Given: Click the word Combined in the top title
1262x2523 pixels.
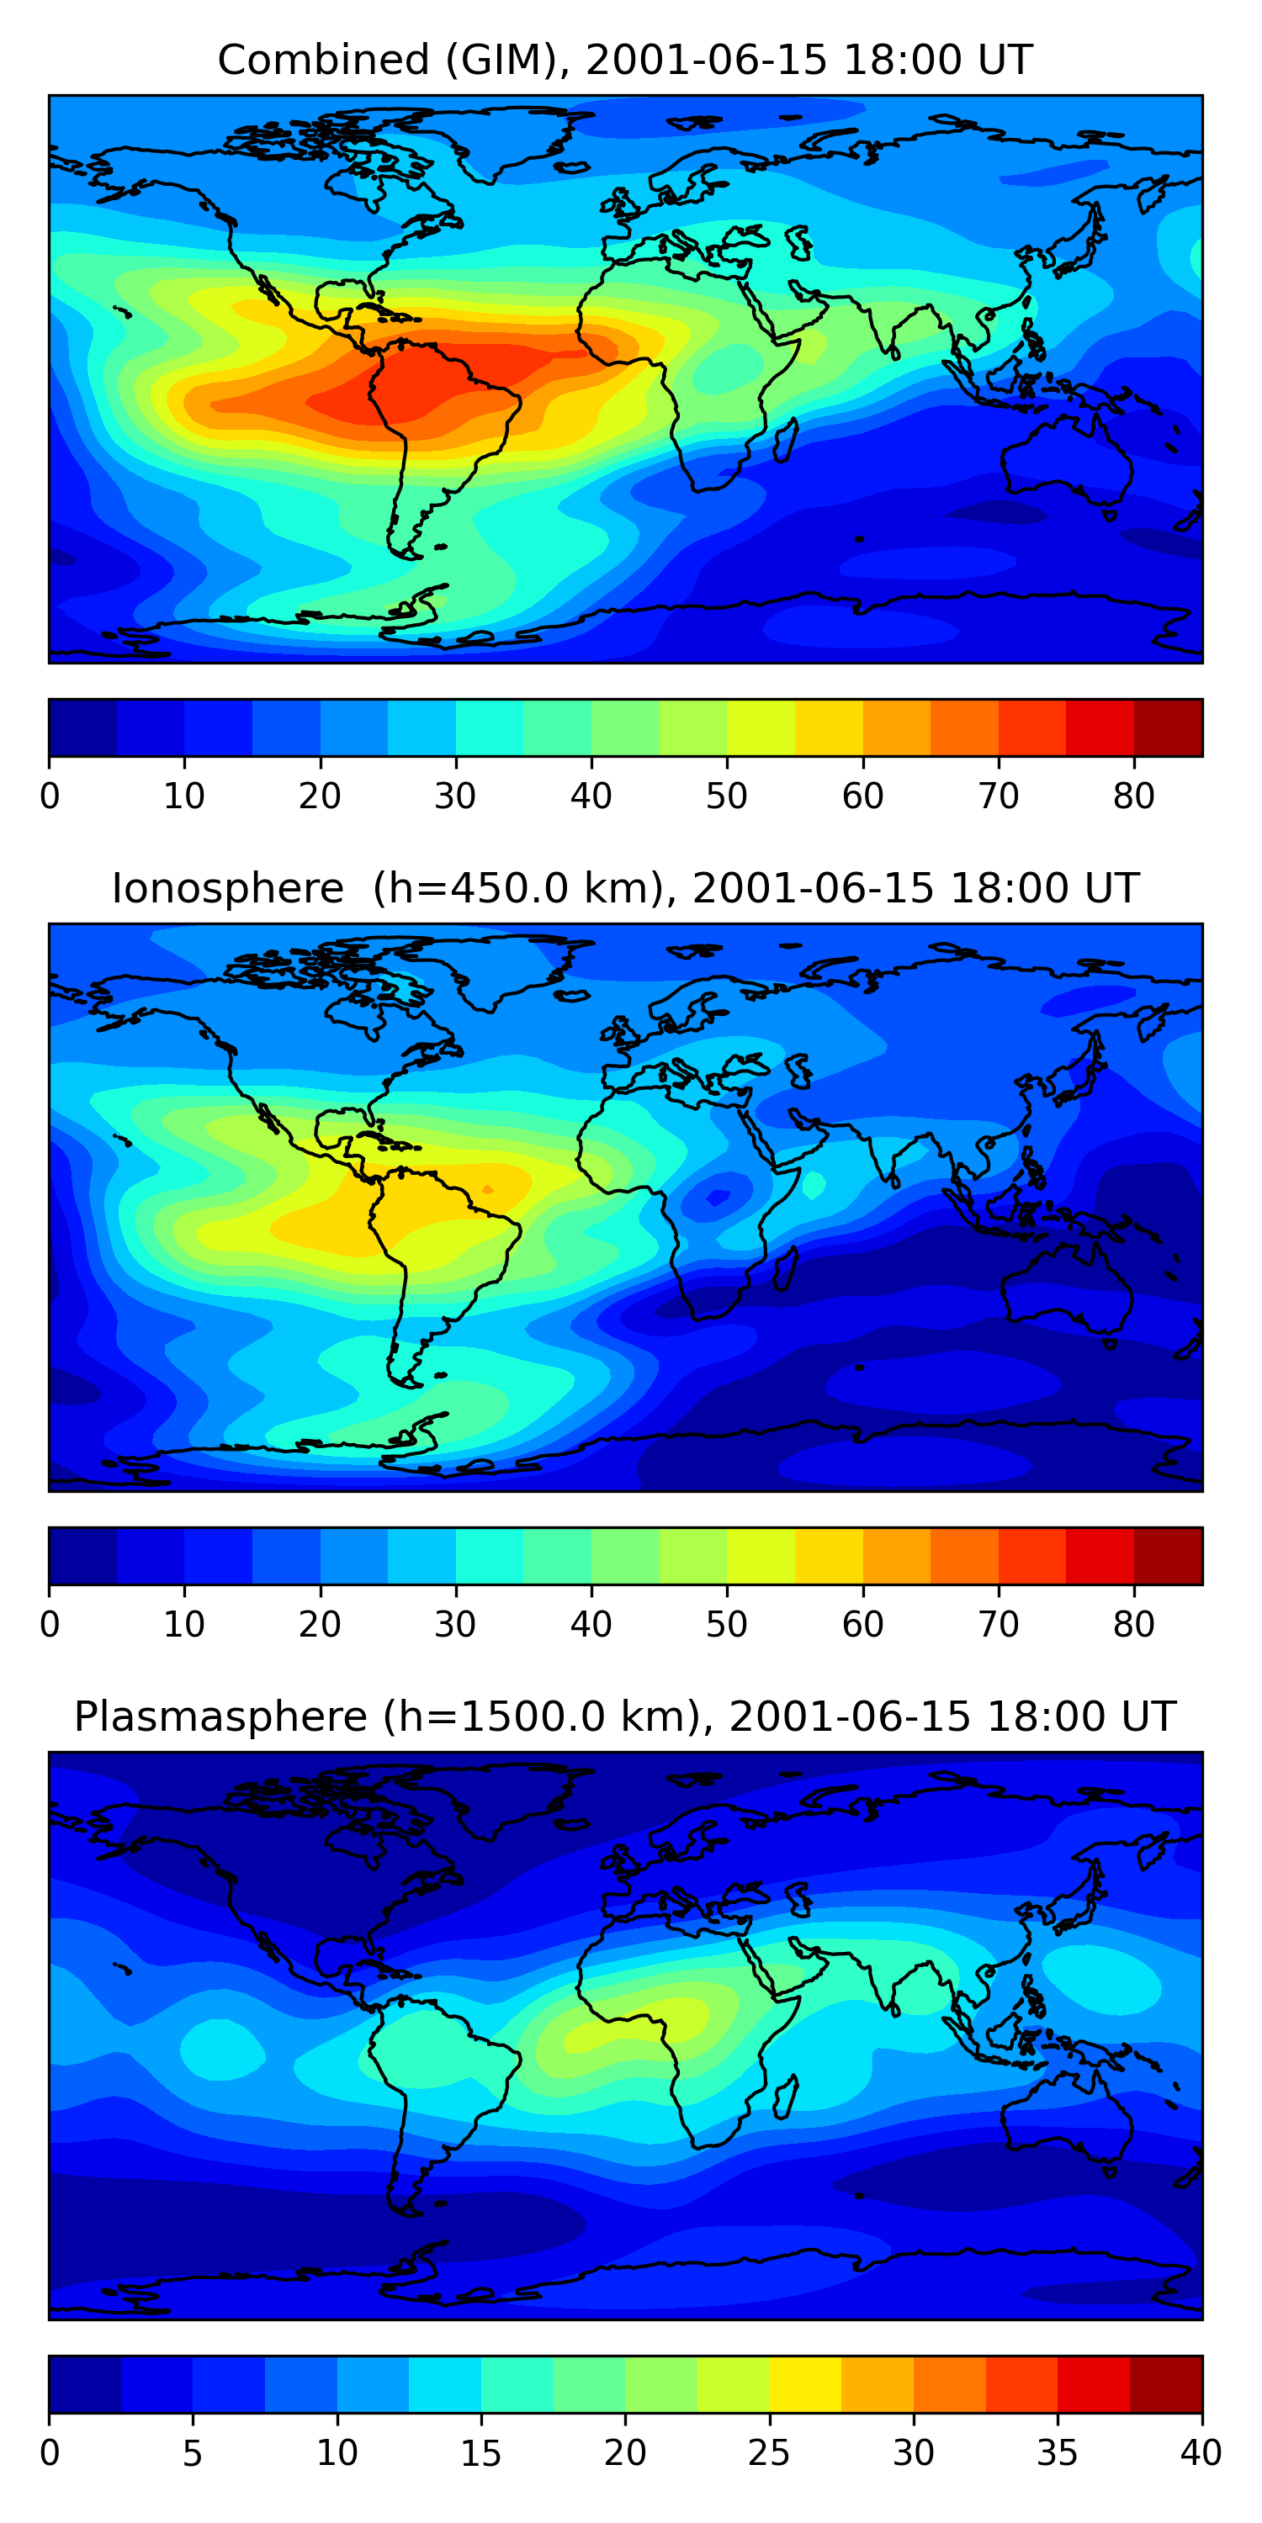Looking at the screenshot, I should pyautogui.click(x=323, y=61).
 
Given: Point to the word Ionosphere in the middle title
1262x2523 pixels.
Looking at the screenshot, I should pyautogui.click(x=227, y=889).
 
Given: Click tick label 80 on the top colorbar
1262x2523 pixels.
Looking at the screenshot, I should pyautogui.click(x=1133, y=796).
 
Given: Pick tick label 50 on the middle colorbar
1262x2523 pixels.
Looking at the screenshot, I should pyautogui.click(x=726, y=1625).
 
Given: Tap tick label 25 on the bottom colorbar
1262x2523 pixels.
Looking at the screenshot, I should pyautogui.click(x=769, y=2453).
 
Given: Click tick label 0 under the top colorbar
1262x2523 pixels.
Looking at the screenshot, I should pyautogui.click(x=50, y=796).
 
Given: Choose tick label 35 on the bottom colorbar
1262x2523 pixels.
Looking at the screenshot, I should pyautogui.click(x=1058, y=2453).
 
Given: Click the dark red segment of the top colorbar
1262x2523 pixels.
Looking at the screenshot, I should pyautogui.click(x=1168, y=727).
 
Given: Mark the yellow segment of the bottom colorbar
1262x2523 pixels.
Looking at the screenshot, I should pyautogui.click(x=804, y=2384).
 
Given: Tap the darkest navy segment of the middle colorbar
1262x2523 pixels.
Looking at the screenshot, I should pyautogui.click(x=83, y=1555).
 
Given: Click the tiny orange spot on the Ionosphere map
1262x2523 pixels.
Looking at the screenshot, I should pyautogui.click(x=488, y=1189).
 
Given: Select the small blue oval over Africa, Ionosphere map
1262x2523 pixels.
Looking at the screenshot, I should pyautogui.click(x=718, y=1197).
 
